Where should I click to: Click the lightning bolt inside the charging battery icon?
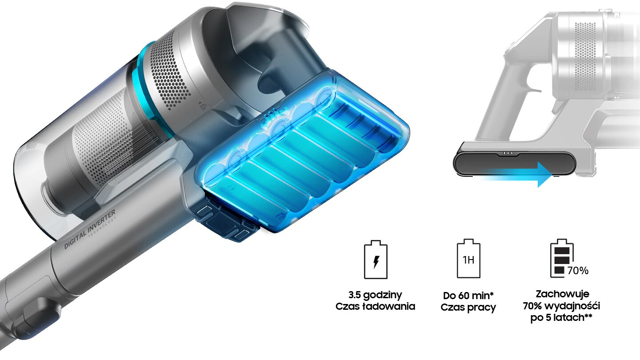pos(376,262)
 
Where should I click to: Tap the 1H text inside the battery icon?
pos(468,260)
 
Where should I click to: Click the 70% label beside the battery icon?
pos(578,271)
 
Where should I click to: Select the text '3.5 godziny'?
pos(375,295)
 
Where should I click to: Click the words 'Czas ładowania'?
pos(375,306)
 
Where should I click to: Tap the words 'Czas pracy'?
pos(468,308)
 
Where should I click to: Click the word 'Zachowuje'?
pos(562,294)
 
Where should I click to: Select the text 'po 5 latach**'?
pos(561,318)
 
